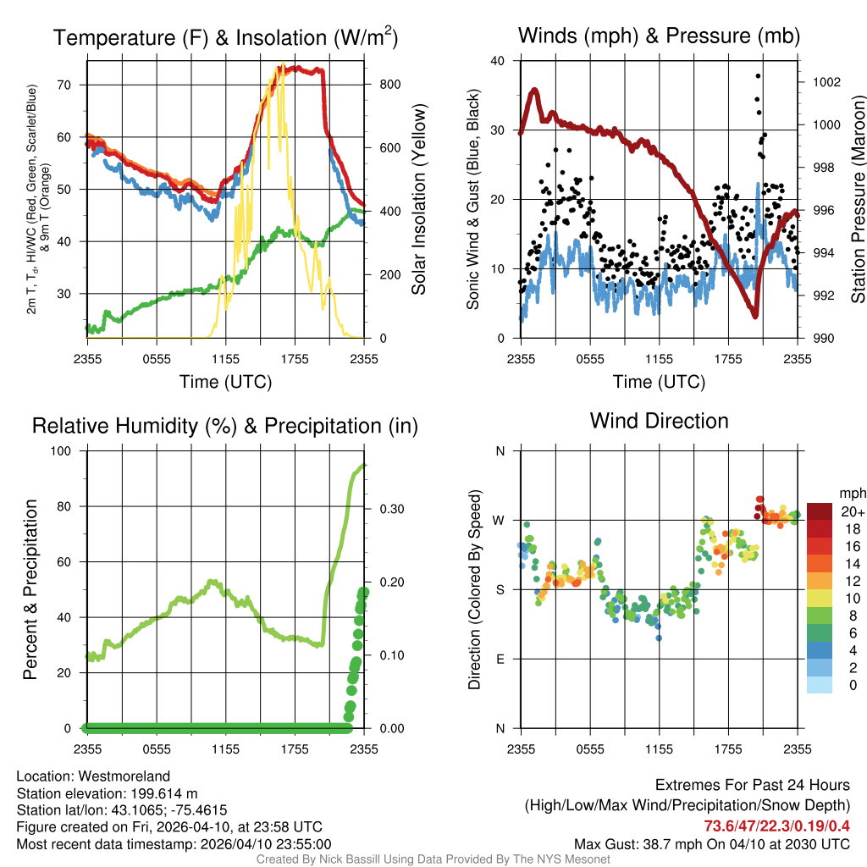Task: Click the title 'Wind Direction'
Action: point(659,421)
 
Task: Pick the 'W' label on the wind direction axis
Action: point(500,520)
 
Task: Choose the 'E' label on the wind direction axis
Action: point(500,659)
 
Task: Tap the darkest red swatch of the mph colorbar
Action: point(819,511)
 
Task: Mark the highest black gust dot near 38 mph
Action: point(758,75)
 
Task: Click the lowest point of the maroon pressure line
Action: point(754,316)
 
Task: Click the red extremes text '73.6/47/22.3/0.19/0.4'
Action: point(776,826)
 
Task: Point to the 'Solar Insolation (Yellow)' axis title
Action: point(419,200)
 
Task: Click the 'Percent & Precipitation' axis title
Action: point(31,589)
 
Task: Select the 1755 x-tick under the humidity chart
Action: point(295,748)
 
